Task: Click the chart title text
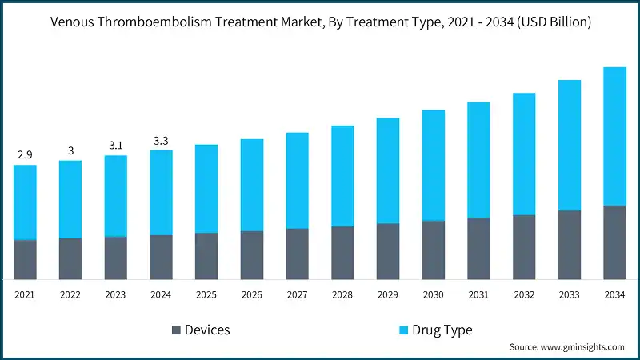point(320,22)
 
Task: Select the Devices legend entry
point(207,330)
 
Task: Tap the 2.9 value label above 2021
point(25,154)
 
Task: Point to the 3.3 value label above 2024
point(161,141)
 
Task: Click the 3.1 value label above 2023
point(115,145)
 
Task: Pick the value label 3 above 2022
point(70,150)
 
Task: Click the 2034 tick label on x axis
point(614,295)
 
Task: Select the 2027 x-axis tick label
point(297,295)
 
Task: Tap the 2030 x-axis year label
point(433,295)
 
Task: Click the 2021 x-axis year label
point(25,295)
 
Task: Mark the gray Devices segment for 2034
point(614,242)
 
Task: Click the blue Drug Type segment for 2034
point(614,136)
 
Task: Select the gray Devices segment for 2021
point(25,260)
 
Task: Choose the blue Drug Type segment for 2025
point(206,189)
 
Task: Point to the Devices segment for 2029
point(388,251)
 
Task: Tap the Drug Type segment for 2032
point(524,154)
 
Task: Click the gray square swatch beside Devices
point(175,330)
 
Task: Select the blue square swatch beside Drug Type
point(404,330)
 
